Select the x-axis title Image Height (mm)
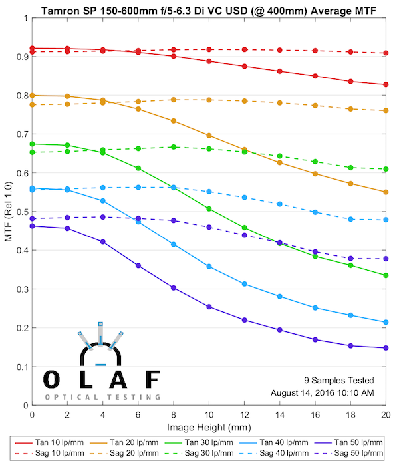(x=209, y=427)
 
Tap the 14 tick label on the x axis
(x=280, y=414)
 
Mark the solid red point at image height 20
(x=386, y=84)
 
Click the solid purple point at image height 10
(x=209, y=307)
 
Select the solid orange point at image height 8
(x=174, y=121)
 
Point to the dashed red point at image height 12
(x=245, y=50)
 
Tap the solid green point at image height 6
(x=138, y=168)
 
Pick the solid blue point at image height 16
(x=315, y=307)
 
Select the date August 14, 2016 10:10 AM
(x=322, y=392)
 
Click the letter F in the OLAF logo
(x=152, y=379)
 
